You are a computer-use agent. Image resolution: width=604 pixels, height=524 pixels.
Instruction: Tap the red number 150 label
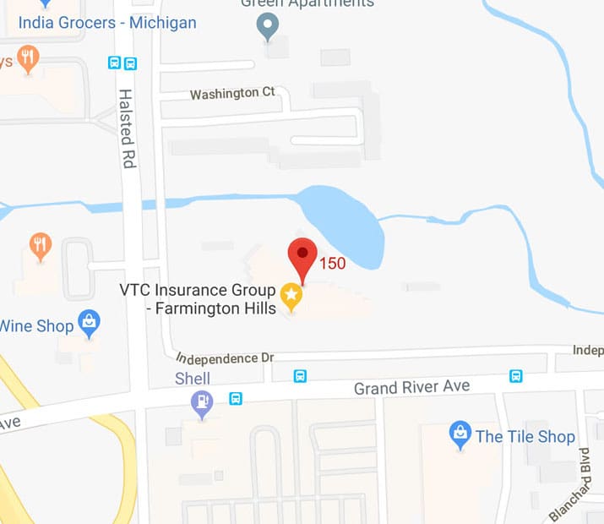pos(332,264)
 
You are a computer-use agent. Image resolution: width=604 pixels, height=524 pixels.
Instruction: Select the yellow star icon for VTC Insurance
pos(291,295)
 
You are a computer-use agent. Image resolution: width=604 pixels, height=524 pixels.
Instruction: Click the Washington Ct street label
pos(232,94)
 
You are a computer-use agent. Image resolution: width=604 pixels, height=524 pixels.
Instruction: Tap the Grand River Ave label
pos(411,388)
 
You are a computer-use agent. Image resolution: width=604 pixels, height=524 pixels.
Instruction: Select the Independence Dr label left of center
pos(224,358)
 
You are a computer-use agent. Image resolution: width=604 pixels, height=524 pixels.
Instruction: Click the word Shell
pos(193,379)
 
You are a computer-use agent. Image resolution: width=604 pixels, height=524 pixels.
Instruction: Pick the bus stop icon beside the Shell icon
pos(237,398)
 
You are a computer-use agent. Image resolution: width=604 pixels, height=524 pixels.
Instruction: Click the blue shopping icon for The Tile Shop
pos(460,433)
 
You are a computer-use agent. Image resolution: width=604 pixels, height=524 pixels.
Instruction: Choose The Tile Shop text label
pos(525,437)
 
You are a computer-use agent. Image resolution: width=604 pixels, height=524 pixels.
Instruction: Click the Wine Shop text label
pos(36,325)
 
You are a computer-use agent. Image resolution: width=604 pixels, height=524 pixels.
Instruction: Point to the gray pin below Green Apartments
pos(267,27)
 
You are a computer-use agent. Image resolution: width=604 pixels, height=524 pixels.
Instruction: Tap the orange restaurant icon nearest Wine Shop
pos(40,246)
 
